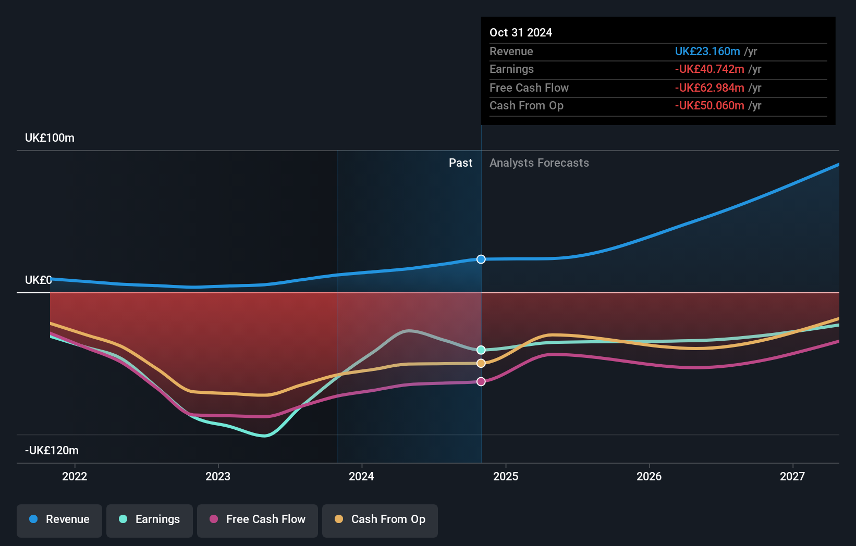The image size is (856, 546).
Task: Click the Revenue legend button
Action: (x=59, y=519)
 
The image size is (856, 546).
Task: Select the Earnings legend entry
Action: (x=150, y=519)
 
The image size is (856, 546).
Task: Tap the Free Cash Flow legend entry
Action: (x=258, y=519)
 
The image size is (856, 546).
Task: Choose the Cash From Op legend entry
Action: (x=380, y=519)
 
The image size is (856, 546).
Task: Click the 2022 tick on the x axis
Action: (x=75, y=476)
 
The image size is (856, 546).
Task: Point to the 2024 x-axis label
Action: (x=361, y=476)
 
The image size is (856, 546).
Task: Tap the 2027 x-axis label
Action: (x=792, y=476)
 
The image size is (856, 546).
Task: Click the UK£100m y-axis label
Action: (x=50, y=138)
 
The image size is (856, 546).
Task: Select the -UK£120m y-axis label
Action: (x=52, y=450)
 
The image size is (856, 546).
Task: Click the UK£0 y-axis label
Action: (x=38, y=280)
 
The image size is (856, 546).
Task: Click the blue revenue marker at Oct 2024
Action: (x=481, y=259)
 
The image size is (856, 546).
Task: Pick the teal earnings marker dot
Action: (x=481, y=350)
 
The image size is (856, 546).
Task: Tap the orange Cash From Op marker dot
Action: (x=481, y=363)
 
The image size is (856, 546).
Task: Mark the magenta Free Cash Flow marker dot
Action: (x=481, y=382)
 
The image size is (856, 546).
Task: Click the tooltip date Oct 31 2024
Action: (x=520, y=33)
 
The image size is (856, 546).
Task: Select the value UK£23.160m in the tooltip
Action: (x=707, y=52)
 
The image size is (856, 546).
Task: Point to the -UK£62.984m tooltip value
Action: (x=709, y=88)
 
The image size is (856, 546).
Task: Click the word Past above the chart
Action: (x=460, y=163)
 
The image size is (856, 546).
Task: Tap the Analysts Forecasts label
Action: (x=539, y=163)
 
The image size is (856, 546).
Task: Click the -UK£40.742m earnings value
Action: (x=709, y=69)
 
